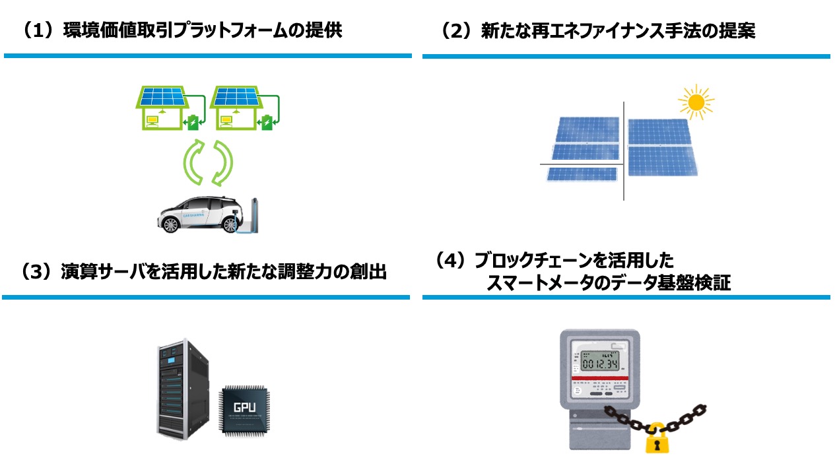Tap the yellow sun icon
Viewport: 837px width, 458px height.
pyautogui.click(x=695, y=102)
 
